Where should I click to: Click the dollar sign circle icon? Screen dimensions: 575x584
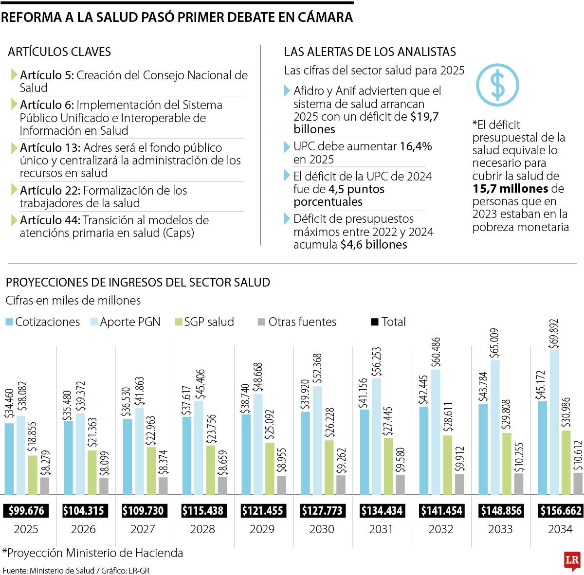click(x=497, y=85)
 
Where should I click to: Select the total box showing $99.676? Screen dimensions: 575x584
click(x=26, y=511)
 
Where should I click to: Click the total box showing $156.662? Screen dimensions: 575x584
click(x=561, y=511)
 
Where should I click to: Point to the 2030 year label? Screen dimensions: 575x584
click(x=322, y=529)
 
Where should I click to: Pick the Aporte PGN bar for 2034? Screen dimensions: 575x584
click(x=554, y=421)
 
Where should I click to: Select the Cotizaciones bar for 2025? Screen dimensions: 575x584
click(x=9, y=458)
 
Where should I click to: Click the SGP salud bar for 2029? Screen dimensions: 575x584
click(x=270, y=468)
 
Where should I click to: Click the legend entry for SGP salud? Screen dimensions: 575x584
click(x=204, y=322)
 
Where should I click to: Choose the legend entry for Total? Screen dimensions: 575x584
click(x=388, y=322)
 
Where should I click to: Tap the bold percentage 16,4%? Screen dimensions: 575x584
click(x=416, y=147)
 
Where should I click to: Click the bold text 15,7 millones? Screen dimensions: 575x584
click(x=511, y=189)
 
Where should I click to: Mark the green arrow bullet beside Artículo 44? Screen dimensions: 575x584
click(x=14, y=220)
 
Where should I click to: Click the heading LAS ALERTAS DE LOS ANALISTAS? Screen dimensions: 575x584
click(x=370, y=52)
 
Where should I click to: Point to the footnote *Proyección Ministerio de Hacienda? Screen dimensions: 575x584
click(x=92, y=553)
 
